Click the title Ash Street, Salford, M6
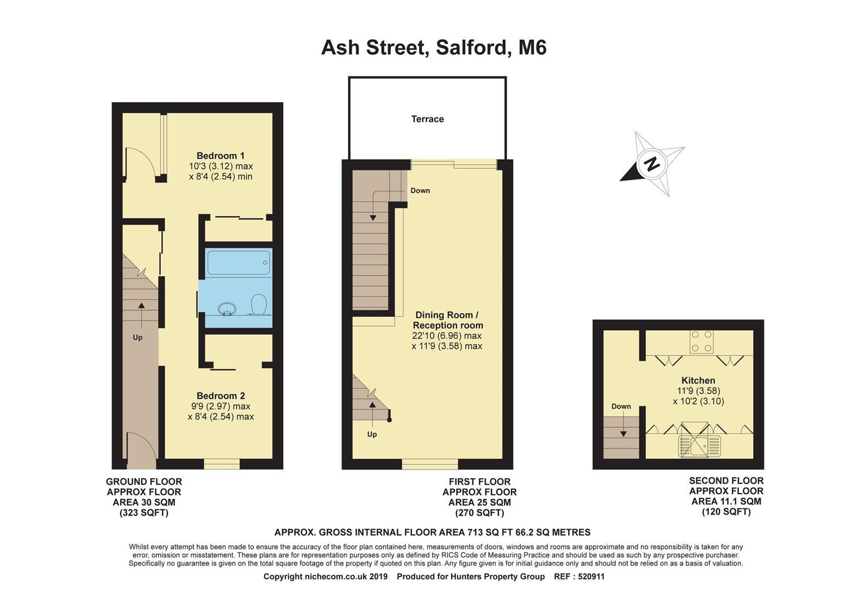tap(433, 48)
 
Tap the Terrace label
tap(427, 119)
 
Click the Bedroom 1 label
tap(220, 156)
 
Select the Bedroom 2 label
tap(220, 396)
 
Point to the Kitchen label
tap(698, 380)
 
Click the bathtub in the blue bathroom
tap(238, 263)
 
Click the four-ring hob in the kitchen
tap(702, 341)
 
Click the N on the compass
tap(652, 164)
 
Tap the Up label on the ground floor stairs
tap(137, 337)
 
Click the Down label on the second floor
tap(621, 406)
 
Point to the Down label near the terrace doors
tap(420, 190)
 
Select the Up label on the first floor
tap(372, 434)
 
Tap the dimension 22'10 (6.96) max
tap(446, 335)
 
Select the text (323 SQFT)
tap(144, 513)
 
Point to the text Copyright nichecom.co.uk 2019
tap(325, 576)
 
